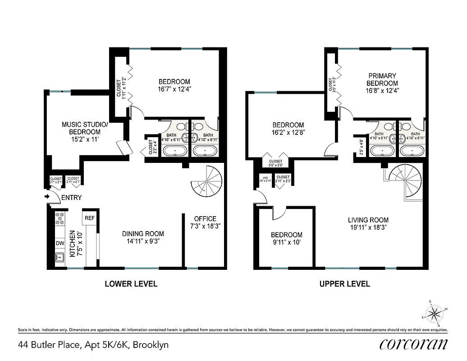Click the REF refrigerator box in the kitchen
pyautogui.click(x=89, y=218)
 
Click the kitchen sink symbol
pyautogui.click(x=60, y=257)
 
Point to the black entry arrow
pyautogui.click(x=47, y=197)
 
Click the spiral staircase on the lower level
pyautogui.click(x=207, y=181)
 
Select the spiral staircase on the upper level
pyautogui.click(x=406, y=181)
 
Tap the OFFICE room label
pyautogui.click(x=205, y=218)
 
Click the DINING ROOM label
pyautogui.click(x=143, y=234)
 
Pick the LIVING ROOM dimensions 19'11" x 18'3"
pyautogui.click(x=368, y=228)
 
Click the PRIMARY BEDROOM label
pyautogui.click(x=382, y=79)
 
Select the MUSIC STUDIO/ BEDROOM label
pyautogui.click(x=81, y=128)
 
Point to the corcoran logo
pyautogui.click(x=413, y=344)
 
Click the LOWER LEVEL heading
pyautogui.click(x=131, y=284)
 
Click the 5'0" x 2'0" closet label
pyautogui.click(x=275, y=163)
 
